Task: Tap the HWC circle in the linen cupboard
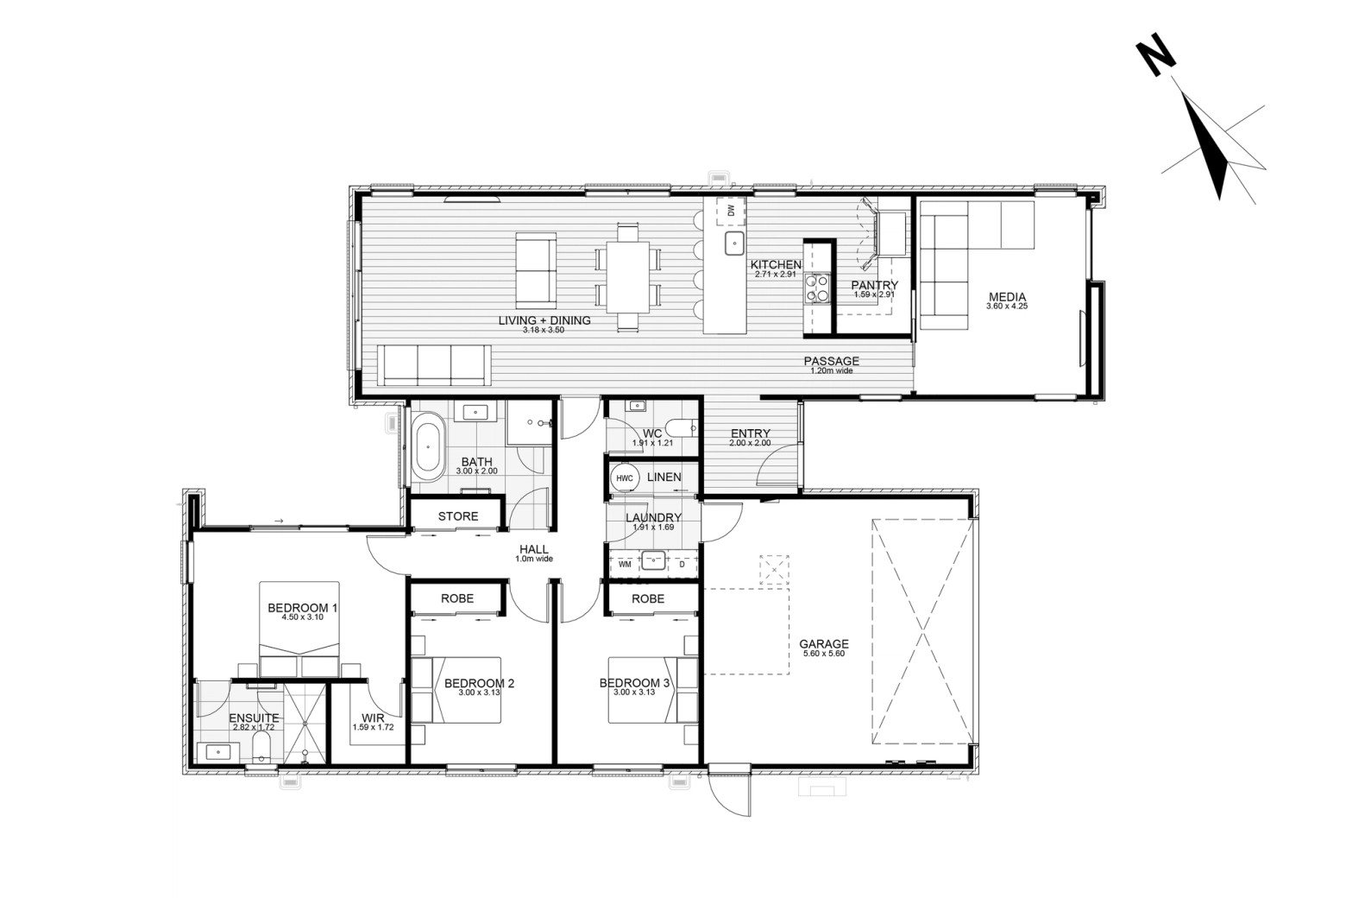pyautogui.click(x=625, y=478)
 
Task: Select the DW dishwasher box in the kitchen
pyautogui.click(x=731, y=211)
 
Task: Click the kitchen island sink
pyautogui.click(x=734, y=243)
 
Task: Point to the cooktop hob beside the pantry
pyautogui.click(x=817, y=288)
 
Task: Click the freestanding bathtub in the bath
pyautogui.click(x=428, y=447)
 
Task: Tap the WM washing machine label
pyautogui.click(x=625, y=565)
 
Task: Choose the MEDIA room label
pyautogui.click(x=1007, y=296)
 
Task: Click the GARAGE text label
pyautogui.click(x=824, y=644)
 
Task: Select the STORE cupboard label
pyautogui.click(x=458, y=516)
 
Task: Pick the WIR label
pyautogui.click(x=373, y=718)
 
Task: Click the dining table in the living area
pyautogui.click(x=628, y=276)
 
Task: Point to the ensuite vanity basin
pyautogui.click(x=218, y=752)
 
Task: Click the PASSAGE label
pyautogui.click(x=832, y=361)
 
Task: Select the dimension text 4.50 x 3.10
pyautogui.click(x=302, y=617)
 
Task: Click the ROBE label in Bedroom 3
pyautogui.click(x=648, y=599)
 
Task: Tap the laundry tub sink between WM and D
pyautogui.click(x=653, y=560)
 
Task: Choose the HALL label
pyautogui.click(x=533, y=549)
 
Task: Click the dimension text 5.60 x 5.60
pyautogui.click(x=824, y=654)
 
